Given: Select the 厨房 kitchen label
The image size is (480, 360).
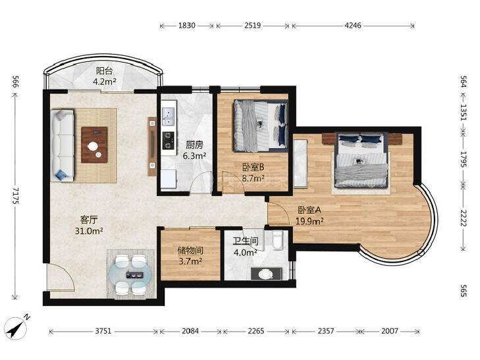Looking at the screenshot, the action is [194, 145].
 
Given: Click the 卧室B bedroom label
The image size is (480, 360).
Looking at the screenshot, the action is [253, 167].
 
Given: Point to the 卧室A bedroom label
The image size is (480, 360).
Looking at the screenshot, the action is [309, 210].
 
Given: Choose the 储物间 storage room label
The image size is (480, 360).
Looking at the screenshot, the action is [190, 251].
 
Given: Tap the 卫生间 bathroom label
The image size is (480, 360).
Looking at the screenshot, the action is [246, 242].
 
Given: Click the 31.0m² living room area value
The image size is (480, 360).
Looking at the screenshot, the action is [89, 231].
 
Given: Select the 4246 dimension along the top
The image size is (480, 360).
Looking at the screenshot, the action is [353, 26].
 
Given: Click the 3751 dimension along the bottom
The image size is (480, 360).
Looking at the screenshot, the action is [103, 331].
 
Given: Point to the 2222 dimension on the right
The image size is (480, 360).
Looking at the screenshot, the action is [463, 217].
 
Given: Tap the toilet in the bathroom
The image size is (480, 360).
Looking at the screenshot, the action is [278, 240].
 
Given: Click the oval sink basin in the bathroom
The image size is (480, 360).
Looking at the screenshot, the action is [265, 274].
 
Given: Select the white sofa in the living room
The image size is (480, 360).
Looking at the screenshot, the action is [63, 145].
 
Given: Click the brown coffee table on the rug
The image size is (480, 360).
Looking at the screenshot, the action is [94, 145].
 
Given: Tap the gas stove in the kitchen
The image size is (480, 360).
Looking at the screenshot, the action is [168, 140].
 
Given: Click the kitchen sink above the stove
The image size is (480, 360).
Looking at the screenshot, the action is [168, 116].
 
